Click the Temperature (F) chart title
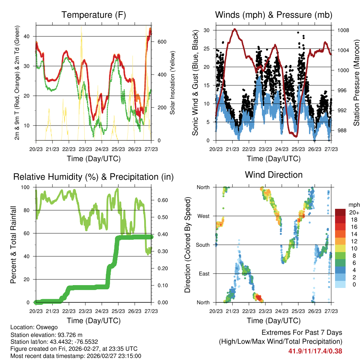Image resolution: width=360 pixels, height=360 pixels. pos(94,15)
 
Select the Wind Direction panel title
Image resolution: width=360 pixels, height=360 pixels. pos(274,174)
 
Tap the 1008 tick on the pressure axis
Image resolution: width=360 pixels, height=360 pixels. pos(343,30)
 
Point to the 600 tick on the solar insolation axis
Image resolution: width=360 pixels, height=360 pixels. pos(162,42)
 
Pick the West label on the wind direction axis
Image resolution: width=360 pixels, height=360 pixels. pos(203,216)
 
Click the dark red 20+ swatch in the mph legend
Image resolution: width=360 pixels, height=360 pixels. pos(341,212)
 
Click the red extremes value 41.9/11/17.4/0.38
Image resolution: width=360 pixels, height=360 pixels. pos(315,351)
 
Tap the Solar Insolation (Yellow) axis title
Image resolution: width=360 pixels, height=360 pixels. pos(172,83)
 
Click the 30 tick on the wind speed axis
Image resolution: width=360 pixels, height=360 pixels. pos(207,30)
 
